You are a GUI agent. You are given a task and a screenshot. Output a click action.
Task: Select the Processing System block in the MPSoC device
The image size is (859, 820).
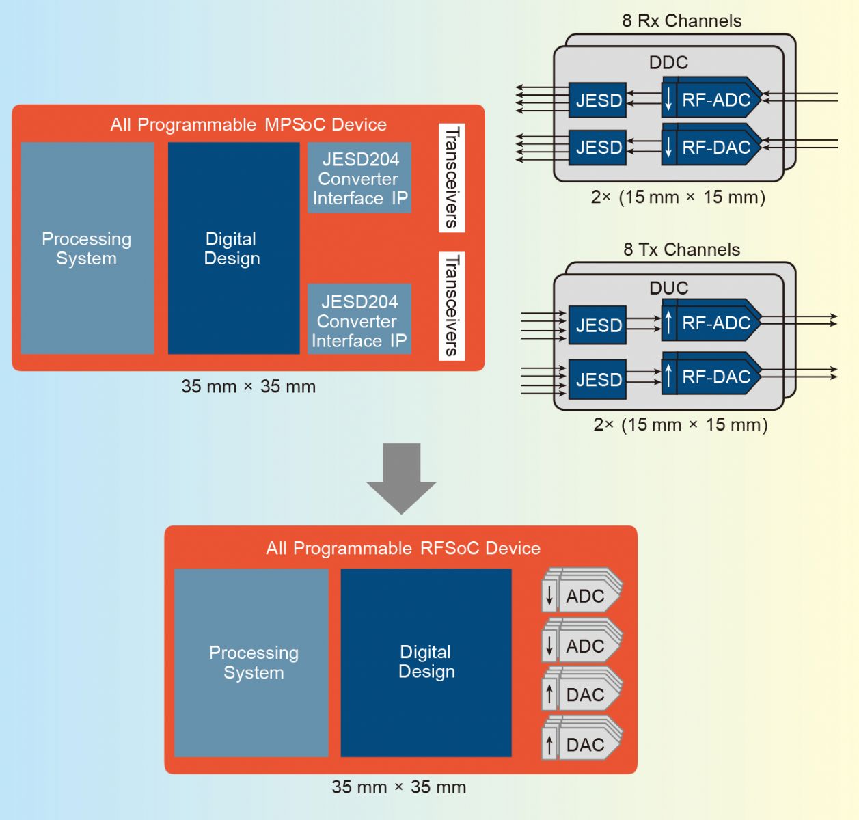(87, 248)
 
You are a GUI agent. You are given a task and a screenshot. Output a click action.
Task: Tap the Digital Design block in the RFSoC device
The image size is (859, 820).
(426, 662)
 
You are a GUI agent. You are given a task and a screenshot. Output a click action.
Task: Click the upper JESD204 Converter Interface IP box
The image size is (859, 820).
(359, 178)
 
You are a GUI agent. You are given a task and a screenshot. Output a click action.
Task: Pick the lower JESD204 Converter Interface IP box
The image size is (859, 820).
(359, 319)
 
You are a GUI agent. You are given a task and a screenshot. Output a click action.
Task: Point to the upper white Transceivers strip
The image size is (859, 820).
(452, 178)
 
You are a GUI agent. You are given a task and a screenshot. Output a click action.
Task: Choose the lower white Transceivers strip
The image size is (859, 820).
(452, 305)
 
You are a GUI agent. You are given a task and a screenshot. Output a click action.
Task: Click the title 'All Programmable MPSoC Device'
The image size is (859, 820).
(248, 124)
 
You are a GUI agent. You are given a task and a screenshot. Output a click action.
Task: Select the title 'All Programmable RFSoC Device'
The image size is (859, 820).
(403, 548)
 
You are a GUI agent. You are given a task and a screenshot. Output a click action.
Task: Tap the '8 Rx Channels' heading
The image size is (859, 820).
(681, 20)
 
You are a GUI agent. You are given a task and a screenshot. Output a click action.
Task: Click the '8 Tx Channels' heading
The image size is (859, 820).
(681, 249)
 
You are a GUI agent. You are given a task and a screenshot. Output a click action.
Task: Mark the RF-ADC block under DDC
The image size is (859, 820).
(711, 100)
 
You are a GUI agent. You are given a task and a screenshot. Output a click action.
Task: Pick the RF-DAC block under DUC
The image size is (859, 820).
(711, 377)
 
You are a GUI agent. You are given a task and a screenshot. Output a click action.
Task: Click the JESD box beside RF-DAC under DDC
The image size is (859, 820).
(598, 148)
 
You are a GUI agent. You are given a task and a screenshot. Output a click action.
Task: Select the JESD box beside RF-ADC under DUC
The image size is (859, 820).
(598, 325)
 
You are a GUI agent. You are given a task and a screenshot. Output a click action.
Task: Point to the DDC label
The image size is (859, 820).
(668, 62)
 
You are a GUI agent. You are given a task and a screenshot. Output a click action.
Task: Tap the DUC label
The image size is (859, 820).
(668, 288)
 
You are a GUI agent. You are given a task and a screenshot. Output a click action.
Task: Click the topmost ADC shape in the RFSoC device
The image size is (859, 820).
(582, 595)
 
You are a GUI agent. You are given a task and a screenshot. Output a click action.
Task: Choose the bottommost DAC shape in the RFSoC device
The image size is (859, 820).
(582, 743)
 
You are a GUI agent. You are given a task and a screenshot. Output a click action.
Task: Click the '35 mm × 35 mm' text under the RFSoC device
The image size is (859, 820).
(399, 787)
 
